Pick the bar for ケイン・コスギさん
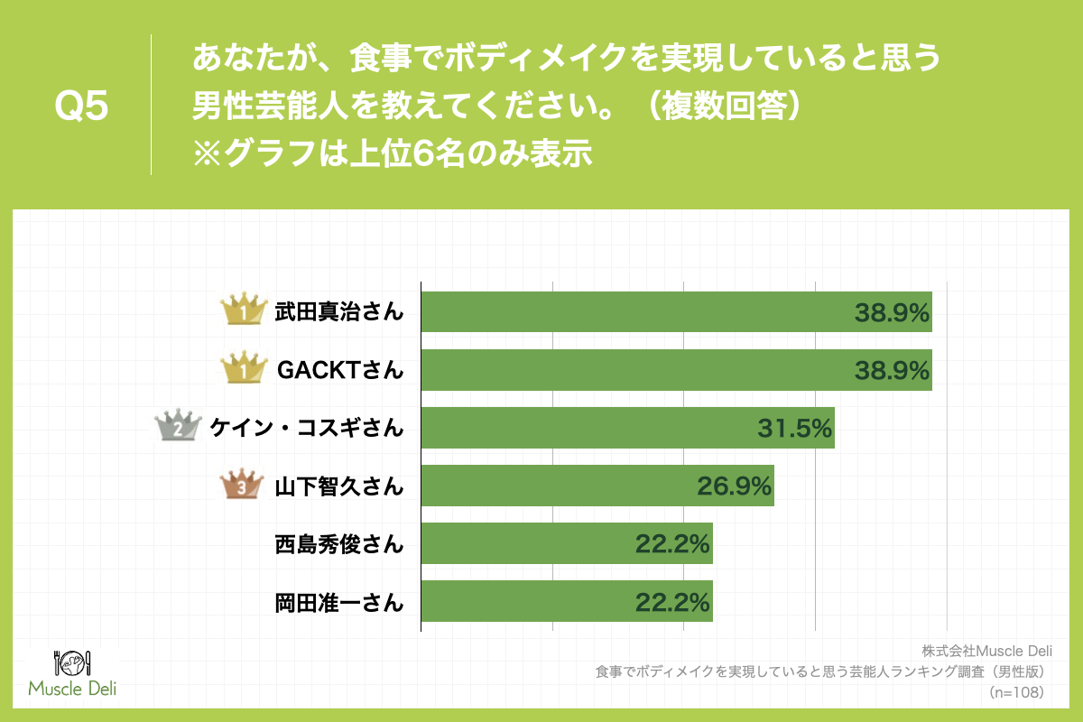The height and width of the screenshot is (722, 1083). coord(628,428)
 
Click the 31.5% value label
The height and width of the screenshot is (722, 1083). coord(793,429)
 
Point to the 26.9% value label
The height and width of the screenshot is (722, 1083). coord(734,486)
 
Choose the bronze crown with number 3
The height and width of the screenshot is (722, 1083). coord(242,486)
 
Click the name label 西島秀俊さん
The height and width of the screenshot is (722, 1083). coord(338,544)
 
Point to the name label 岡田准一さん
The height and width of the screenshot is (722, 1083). coord(338,602)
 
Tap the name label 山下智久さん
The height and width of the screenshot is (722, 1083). coord(338,486)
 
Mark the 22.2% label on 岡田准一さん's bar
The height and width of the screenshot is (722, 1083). coord(672,602)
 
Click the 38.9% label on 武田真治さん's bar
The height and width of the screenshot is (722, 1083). coord(892,313)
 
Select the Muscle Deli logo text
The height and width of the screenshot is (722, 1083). coord(73,689)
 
